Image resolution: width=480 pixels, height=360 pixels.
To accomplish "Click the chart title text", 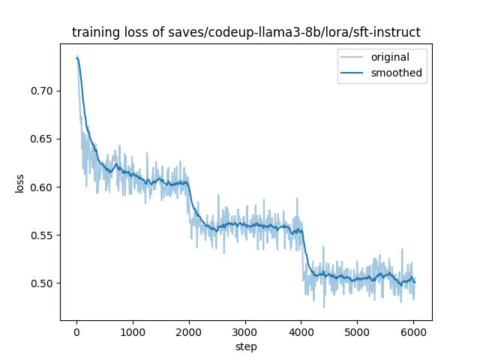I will click(246, 32).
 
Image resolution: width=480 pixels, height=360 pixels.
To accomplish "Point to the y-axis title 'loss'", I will click(20, 182).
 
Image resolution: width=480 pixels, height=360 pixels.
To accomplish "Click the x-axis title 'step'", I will click(246, 346).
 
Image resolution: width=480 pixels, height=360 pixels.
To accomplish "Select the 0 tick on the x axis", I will click(76, 330).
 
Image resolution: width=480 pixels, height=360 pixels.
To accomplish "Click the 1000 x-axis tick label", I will click(133, 330).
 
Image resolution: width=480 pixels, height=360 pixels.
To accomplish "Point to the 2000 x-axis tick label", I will click(189, 330).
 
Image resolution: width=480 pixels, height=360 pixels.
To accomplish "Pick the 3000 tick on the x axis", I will click(245, 330).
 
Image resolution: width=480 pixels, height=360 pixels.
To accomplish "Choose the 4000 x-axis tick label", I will click(301, 330).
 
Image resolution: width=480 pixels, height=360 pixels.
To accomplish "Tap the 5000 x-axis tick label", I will click(358, 330).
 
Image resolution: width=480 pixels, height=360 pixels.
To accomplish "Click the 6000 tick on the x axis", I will click(414, 330).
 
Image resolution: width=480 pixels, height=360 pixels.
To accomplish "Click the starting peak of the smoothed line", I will click(77, 58).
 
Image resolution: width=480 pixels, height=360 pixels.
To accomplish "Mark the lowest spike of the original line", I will click(324, 307).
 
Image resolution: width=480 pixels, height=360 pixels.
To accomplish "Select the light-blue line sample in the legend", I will click(353, 57).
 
